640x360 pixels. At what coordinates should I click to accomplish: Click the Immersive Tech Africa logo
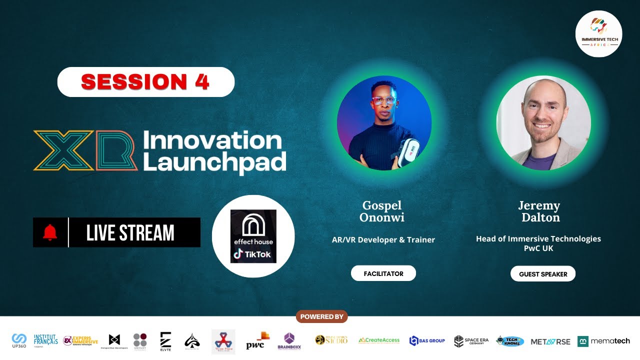click(598, 33)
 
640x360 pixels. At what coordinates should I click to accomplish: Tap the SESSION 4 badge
click(145, 82)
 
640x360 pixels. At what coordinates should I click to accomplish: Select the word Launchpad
click(214, 162)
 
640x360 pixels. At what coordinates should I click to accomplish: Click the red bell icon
click(50, 232)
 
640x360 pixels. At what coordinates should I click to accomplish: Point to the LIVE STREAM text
click(130, 233)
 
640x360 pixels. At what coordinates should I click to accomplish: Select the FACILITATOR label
click(383, 273)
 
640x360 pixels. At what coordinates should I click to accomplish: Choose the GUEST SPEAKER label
click(543, 274)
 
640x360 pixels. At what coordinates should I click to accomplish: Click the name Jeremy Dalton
click(539, 211)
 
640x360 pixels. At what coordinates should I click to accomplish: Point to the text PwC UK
click(538, 248)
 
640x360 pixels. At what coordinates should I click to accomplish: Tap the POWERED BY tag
click(321, 316)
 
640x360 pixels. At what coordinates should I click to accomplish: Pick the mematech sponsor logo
click(603, 341)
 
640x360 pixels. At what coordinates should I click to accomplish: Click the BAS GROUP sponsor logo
click(427, 341)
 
